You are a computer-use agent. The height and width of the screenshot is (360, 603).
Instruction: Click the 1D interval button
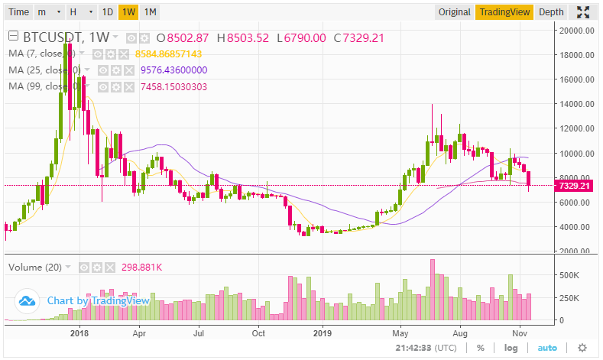(x=108, y=11)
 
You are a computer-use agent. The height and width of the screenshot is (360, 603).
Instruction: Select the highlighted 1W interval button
(x=129, y=11)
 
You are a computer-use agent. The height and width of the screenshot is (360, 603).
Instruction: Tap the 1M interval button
(x=151, y=11)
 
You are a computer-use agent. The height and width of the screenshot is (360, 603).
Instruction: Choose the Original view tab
(x=454, y=11)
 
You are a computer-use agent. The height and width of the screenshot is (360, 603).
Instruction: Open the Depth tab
(x=551, y=11)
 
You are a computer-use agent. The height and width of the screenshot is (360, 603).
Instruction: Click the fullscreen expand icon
(x=583, y=11)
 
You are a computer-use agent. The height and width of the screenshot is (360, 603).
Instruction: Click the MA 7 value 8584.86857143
(x=168, y=54)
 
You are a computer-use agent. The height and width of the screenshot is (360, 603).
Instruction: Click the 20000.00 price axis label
(x=576, y=31)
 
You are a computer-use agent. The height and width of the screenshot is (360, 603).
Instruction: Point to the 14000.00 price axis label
(x=576, y=104)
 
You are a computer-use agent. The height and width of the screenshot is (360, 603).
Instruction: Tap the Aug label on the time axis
(x=459, y=333)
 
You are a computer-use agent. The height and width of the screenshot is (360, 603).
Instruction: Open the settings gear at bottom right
(x=582, y=348)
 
